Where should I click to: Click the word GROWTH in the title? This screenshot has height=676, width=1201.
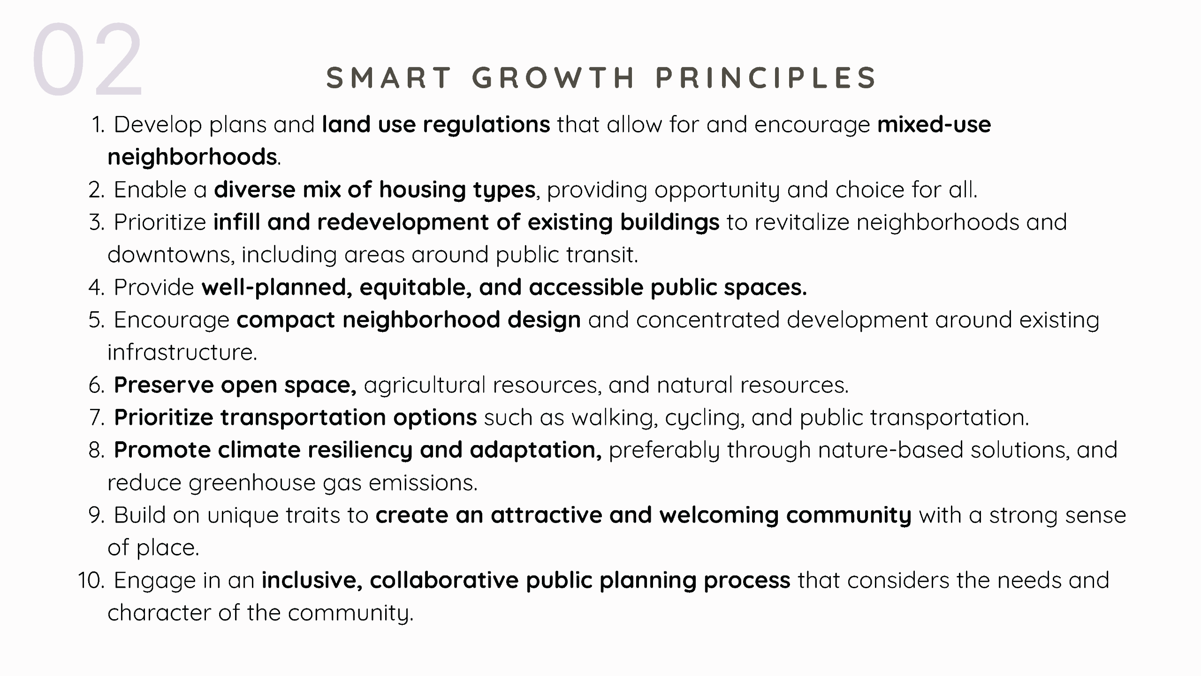554,77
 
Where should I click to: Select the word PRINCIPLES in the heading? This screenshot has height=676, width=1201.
766,77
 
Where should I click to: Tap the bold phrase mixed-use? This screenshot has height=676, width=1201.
934,124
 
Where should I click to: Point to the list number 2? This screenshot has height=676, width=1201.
97,190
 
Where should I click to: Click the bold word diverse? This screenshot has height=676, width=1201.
255,190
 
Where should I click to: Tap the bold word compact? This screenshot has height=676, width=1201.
286,320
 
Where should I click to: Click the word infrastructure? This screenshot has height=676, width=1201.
182,352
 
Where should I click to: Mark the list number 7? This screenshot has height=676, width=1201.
97,418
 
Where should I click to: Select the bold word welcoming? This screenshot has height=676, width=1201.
719,515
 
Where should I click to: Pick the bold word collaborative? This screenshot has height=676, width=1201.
444,580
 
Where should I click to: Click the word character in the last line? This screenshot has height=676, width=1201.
160,613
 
